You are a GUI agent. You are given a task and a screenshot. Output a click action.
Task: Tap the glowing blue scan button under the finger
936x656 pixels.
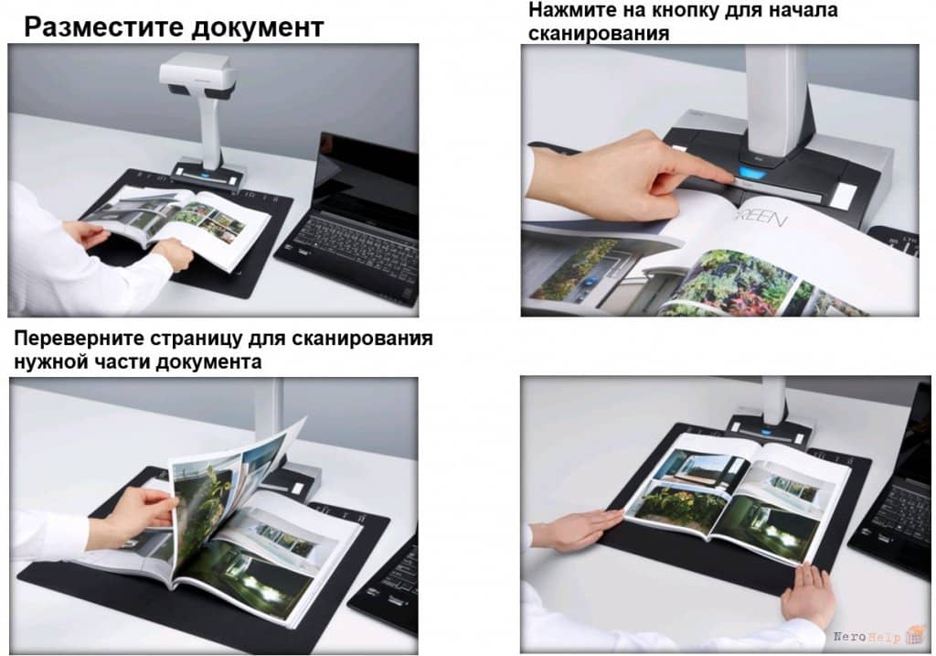(x=753, y=174)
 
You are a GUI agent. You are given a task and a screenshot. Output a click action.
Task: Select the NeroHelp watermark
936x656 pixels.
(x=877, y=637)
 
